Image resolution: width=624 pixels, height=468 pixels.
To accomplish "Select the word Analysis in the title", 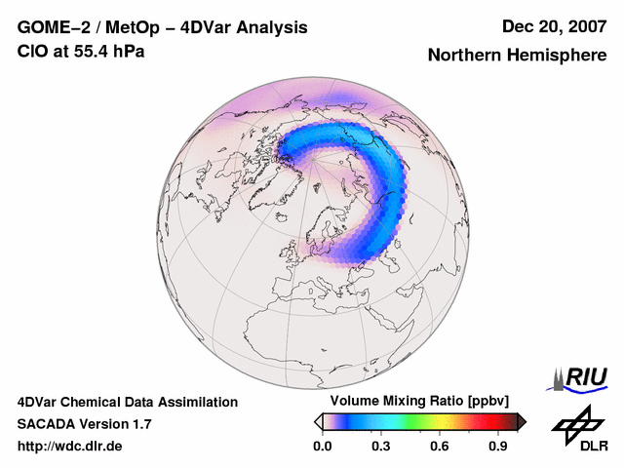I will (x=273, y=27).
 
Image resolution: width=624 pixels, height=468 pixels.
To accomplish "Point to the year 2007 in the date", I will (x=585, y=27).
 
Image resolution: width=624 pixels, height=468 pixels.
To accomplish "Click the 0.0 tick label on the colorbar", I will (x=323, y=447).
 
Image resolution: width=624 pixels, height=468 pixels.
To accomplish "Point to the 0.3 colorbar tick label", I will (x=381, y=447).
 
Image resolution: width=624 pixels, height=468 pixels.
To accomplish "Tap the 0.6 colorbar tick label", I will (x=440, y=447).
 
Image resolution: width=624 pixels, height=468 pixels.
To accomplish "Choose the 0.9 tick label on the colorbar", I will (x=498, y=447).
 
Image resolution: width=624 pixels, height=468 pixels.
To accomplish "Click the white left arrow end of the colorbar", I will (x=318, y=421).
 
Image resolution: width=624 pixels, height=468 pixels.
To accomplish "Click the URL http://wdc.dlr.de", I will (x=70, y=447).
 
